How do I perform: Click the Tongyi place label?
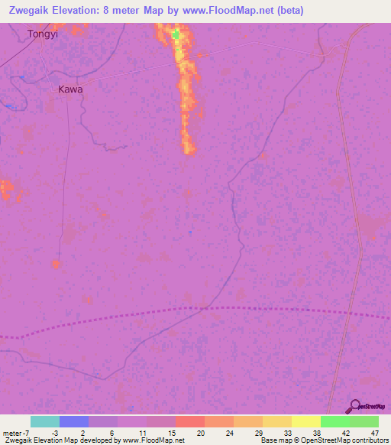click(x=42, y=34)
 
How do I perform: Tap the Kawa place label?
click(x=70, y=89)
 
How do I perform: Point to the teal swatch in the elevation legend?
click(x=44, y=421)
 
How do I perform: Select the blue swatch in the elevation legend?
click(x=73, y=421)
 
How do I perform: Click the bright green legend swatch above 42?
click(x=334, y=421)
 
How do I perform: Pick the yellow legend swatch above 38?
click(x=305, y=421)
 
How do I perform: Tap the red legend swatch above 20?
click(x=189, y=421)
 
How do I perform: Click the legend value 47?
click(x=374, y=432)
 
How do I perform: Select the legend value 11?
click(x=142, y=432)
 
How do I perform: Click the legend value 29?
click(x=258, y=432)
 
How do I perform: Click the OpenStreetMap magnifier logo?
click(x=354, y=408)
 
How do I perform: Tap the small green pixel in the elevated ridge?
click(x=176, y=34)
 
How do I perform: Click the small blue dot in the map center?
click(x=190, y=232)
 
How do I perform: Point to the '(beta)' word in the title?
click(x=289, y=10)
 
